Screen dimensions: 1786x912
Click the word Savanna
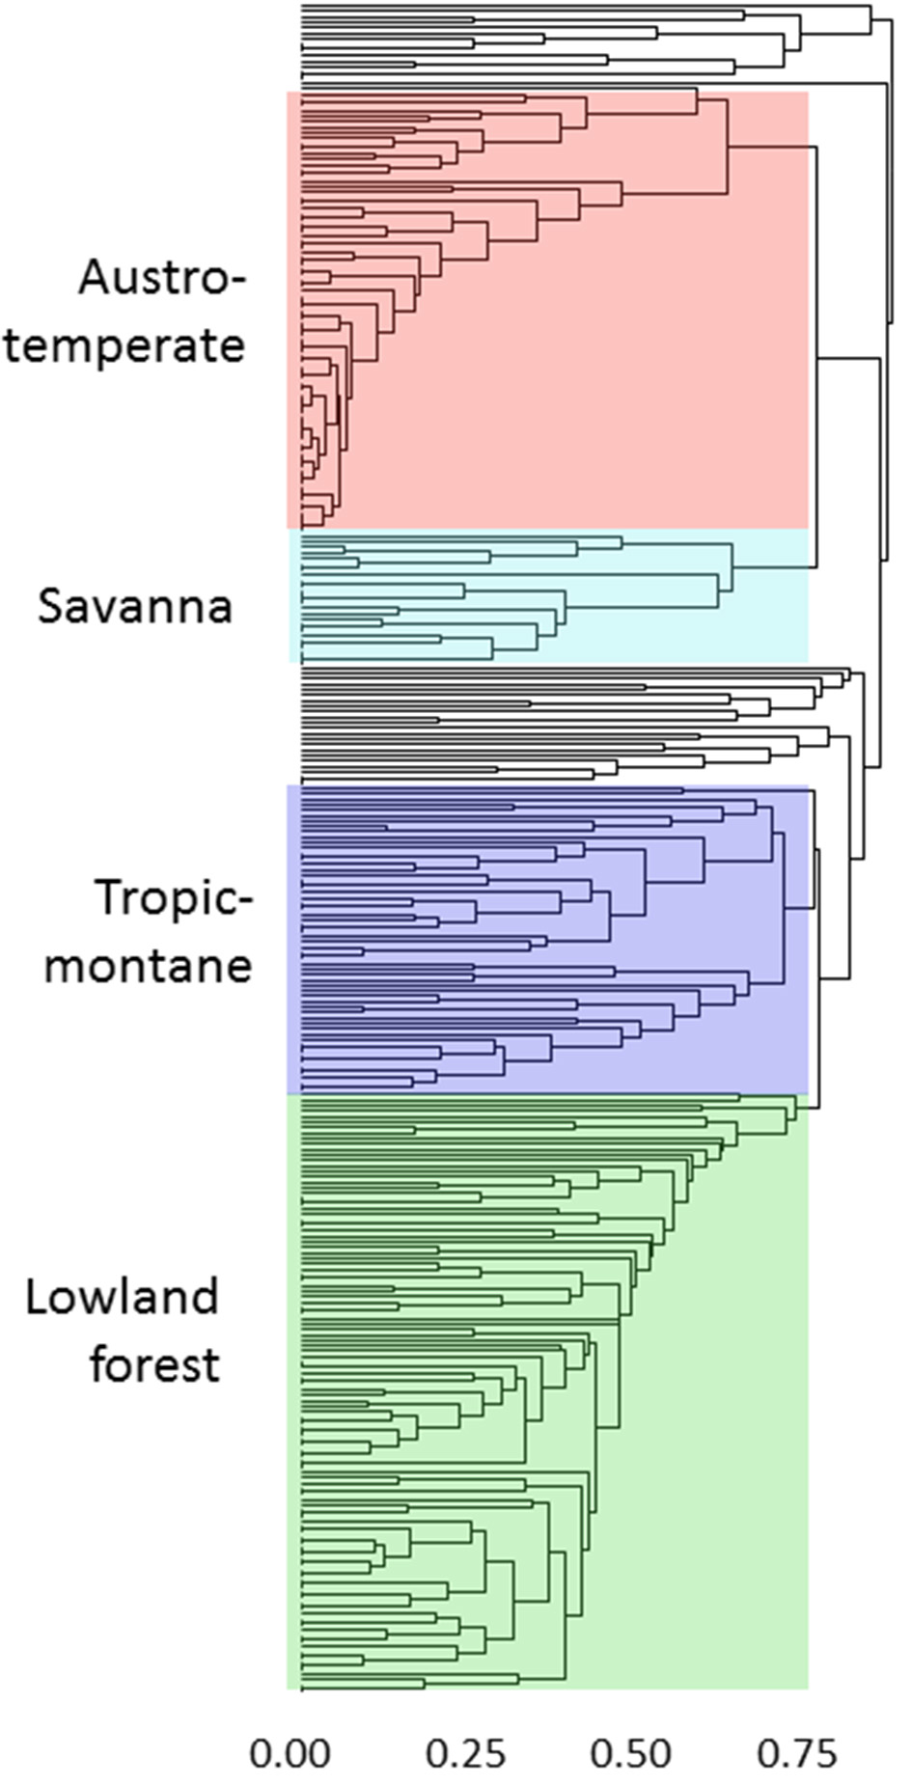tap(135, 607)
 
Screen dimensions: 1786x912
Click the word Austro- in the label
tap(162, 279)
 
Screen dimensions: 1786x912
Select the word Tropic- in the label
tap(174, 898)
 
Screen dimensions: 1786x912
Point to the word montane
tap(149, 966)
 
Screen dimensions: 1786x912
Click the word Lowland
tap(123, 1298)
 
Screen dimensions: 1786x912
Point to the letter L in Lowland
tap(36, 1298)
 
